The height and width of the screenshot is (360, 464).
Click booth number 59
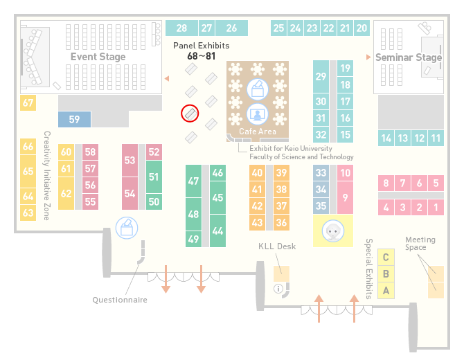pos(74,119)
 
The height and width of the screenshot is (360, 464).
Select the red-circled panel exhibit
pos(190,114)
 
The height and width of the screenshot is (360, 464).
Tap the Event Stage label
pos(98,57)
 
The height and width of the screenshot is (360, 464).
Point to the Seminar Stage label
pos(409,57)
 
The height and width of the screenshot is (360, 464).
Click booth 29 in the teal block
pos(321,77)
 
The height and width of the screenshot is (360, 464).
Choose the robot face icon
pos(333,231)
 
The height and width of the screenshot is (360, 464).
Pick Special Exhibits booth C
pos(386,257)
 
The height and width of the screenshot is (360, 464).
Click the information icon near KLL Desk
pos(278,289)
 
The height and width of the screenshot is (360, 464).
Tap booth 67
pos(28,102)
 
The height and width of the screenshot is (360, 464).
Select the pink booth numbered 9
pos(345,197)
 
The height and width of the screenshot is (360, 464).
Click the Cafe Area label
pos(258,132)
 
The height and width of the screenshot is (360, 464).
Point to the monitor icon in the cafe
pos(258,114)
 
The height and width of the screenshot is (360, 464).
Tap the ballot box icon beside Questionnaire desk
pos(127,228)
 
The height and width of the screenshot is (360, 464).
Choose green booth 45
pos(217,197)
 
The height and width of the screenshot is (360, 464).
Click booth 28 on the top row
pos(181,28)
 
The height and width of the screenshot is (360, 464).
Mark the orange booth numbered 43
pos(257,222)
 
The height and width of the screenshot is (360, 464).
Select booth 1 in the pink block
pos(436,208)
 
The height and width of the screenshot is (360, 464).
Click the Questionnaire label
pos(120,300)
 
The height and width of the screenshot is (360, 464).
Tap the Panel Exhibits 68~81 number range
pos(202,56)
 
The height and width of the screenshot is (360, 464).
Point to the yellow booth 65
pos(28,171)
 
